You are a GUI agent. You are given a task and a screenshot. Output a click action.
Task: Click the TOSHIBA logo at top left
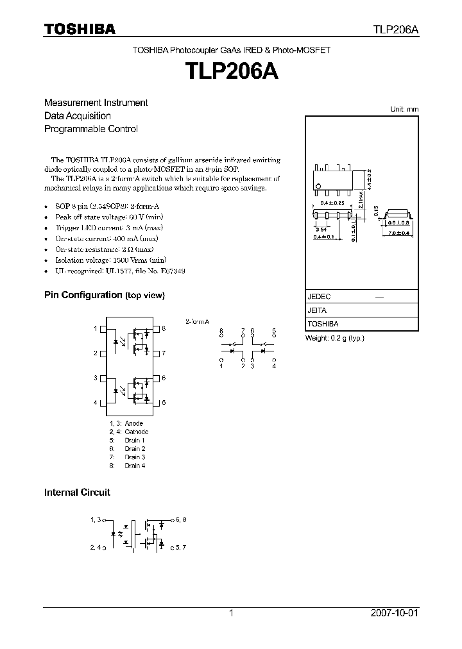tap(80, 29)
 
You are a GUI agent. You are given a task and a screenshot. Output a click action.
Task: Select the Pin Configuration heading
tap(104, 295)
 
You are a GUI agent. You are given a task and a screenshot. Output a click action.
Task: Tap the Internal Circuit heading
tap(77, 493)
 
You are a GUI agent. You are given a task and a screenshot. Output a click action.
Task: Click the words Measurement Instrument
tap(96, 103)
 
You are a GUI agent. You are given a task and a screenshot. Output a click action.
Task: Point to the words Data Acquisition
tap(78, 115)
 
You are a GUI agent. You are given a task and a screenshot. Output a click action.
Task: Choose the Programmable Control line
tap(90, 128)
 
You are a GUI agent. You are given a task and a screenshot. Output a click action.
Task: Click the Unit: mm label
tap(404, 109)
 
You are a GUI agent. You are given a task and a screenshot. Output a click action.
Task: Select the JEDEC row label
tap(319, 297)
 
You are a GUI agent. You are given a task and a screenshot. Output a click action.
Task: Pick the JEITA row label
tap(317, 310)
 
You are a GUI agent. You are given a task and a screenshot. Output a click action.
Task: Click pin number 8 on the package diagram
tap(164, 328)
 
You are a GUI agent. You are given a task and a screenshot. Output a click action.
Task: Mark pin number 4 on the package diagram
tap(95, 402)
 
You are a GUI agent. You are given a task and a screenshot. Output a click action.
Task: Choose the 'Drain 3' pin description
tap(135, 457)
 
